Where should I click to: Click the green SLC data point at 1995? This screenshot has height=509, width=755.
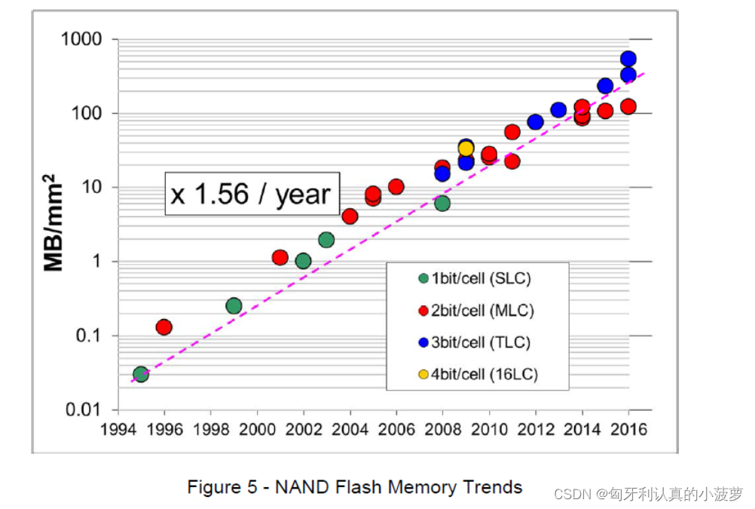[140, 374]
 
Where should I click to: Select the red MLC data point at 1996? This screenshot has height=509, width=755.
[164, 327]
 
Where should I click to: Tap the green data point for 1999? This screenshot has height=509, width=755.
[234, 305]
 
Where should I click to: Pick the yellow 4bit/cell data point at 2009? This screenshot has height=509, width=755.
[466, 148]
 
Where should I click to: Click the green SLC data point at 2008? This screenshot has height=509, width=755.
[442, 203]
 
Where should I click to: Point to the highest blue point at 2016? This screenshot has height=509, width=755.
[628, 59]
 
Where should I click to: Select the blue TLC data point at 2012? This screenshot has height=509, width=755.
[535, 121]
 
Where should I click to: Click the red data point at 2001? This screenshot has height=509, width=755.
[280, 257]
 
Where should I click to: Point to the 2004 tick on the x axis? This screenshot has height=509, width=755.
[350, 429]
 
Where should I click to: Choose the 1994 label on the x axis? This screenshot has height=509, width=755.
[118, 429]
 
